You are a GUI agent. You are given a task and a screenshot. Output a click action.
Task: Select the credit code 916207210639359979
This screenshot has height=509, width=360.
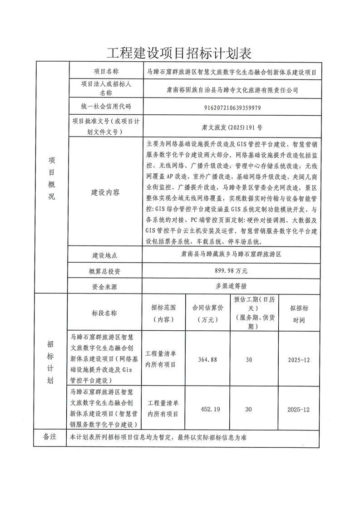point(230,108)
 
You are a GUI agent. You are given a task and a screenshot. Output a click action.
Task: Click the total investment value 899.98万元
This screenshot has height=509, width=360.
point(230,271)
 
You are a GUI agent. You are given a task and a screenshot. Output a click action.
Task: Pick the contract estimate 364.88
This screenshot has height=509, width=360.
point(208,359)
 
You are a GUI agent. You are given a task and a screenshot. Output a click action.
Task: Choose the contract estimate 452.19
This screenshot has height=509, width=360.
point(210,409)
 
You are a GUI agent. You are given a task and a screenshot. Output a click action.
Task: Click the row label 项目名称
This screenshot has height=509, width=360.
point(106,71)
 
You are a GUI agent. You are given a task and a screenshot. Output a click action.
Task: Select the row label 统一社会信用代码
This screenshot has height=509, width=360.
point(106,107)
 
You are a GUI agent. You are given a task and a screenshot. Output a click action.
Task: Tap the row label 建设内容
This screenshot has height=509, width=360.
point(106,192)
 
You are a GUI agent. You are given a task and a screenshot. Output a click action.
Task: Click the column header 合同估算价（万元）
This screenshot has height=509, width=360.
point(208,313)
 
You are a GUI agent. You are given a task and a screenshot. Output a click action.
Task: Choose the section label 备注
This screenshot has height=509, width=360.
point(49,436)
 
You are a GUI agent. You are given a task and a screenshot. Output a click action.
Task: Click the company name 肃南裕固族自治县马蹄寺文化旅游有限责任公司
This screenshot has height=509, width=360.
point(230,90)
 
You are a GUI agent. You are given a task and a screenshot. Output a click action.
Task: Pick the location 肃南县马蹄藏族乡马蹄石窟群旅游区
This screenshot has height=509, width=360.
point(230,255)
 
